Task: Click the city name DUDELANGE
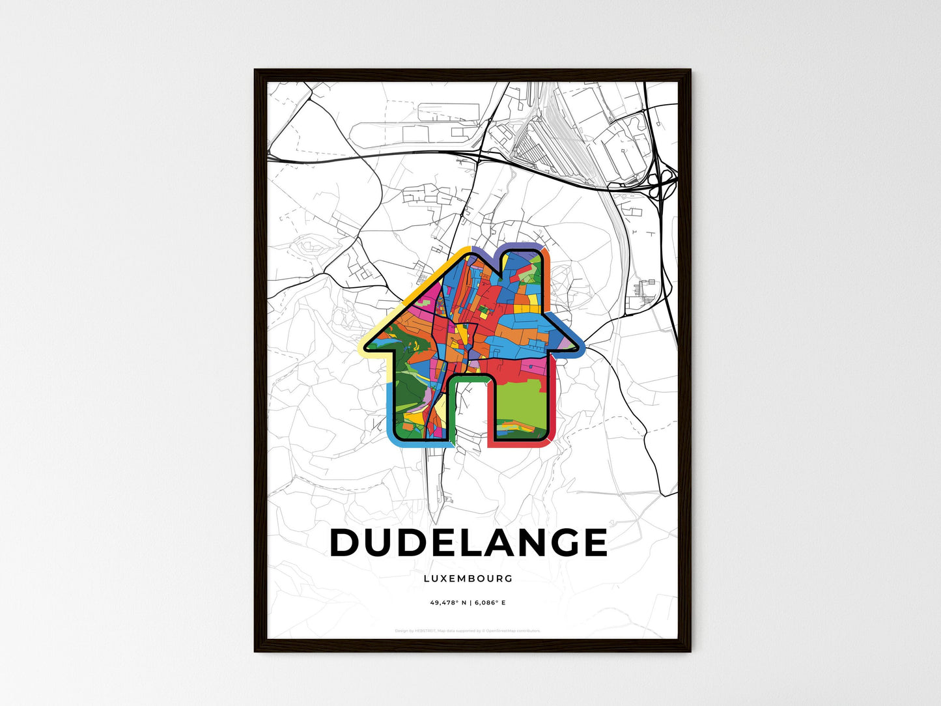tap(469, 543)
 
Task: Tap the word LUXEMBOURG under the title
tap(468, 578)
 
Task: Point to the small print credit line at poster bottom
tap(468, 630)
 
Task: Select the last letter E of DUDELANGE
tap(595, 543)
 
